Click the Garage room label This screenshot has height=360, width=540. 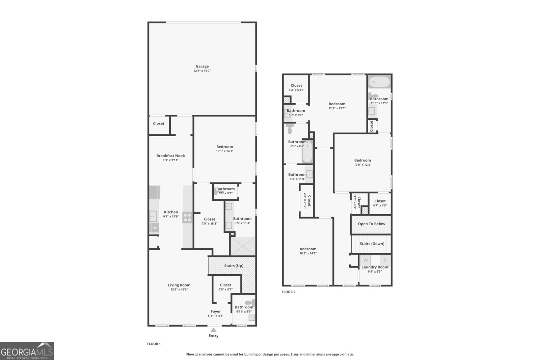202,66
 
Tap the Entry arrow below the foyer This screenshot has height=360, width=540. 213,330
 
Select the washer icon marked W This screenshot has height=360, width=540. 366,260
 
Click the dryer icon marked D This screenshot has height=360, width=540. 385,260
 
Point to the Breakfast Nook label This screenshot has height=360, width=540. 170,156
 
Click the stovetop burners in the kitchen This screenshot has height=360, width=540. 187,217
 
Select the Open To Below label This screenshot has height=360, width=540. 371,224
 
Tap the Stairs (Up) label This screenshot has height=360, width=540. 234,266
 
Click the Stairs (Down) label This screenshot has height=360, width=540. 372,244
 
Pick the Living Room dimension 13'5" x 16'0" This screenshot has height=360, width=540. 179,289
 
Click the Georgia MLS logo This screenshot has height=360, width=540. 27,351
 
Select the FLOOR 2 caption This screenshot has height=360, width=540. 289,292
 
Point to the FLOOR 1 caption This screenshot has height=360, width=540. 154,344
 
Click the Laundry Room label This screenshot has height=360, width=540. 375,267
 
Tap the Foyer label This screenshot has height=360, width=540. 216,311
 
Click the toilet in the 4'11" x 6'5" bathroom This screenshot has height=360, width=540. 250,302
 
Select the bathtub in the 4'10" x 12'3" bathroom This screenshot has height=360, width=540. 379,82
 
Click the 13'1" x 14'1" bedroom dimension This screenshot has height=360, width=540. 224,151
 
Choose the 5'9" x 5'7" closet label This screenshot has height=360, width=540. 225,285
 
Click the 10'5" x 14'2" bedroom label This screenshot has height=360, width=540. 308,249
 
